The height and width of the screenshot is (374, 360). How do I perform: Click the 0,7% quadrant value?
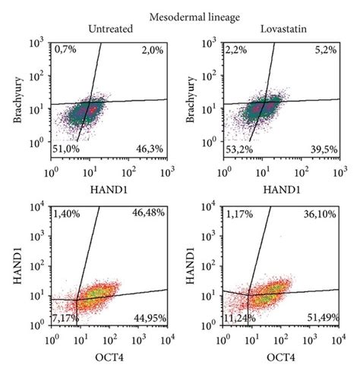coord(67,49)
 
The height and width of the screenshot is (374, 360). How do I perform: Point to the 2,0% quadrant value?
coord(150,49)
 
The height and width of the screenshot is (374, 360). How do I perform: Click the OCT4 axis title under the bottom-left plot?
coord(109,357)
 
